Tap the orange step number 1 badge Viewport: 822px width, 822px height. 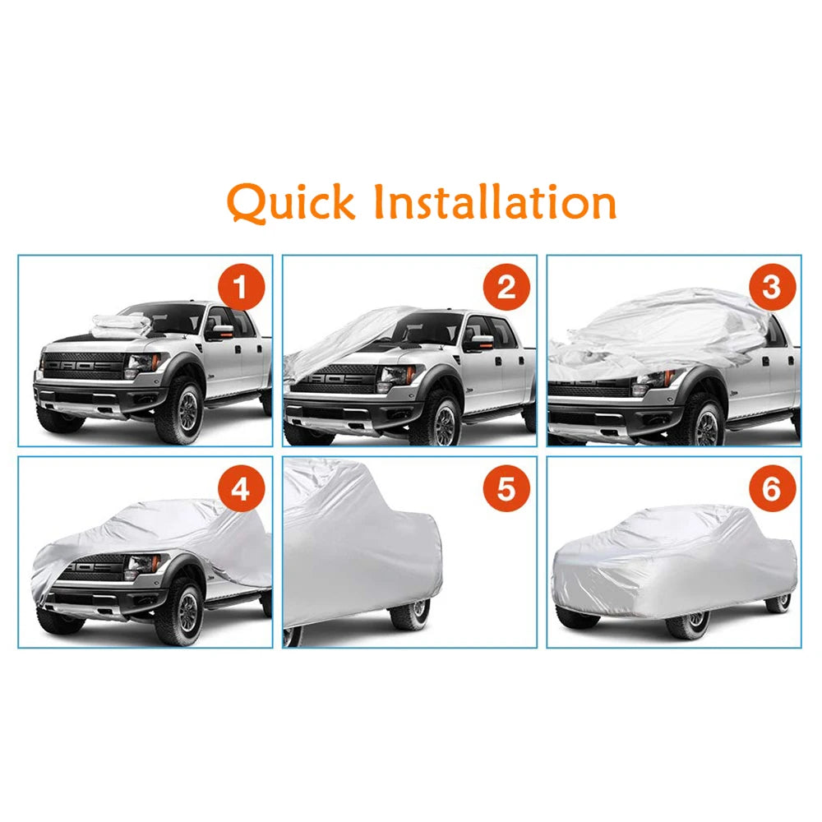tap(241, 289)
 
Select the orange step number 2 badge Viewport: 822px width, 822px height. tap(506, 289)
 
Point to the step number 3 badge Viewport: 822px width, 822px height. tap(771, 289)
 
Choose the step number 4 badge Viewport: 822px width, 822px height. tap(241, 491)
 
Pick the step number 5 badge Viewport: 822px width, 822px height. tap(506, 491)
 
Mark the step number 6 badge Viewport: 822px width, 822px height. tap(771, 491)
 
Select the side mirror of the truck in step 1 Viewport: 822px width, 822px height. tap(220, 330)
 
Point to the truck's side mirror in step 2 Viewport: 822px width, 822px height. tap(479, 338)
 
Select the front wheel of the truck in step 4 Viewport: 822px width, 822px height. tap(182, 612)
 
